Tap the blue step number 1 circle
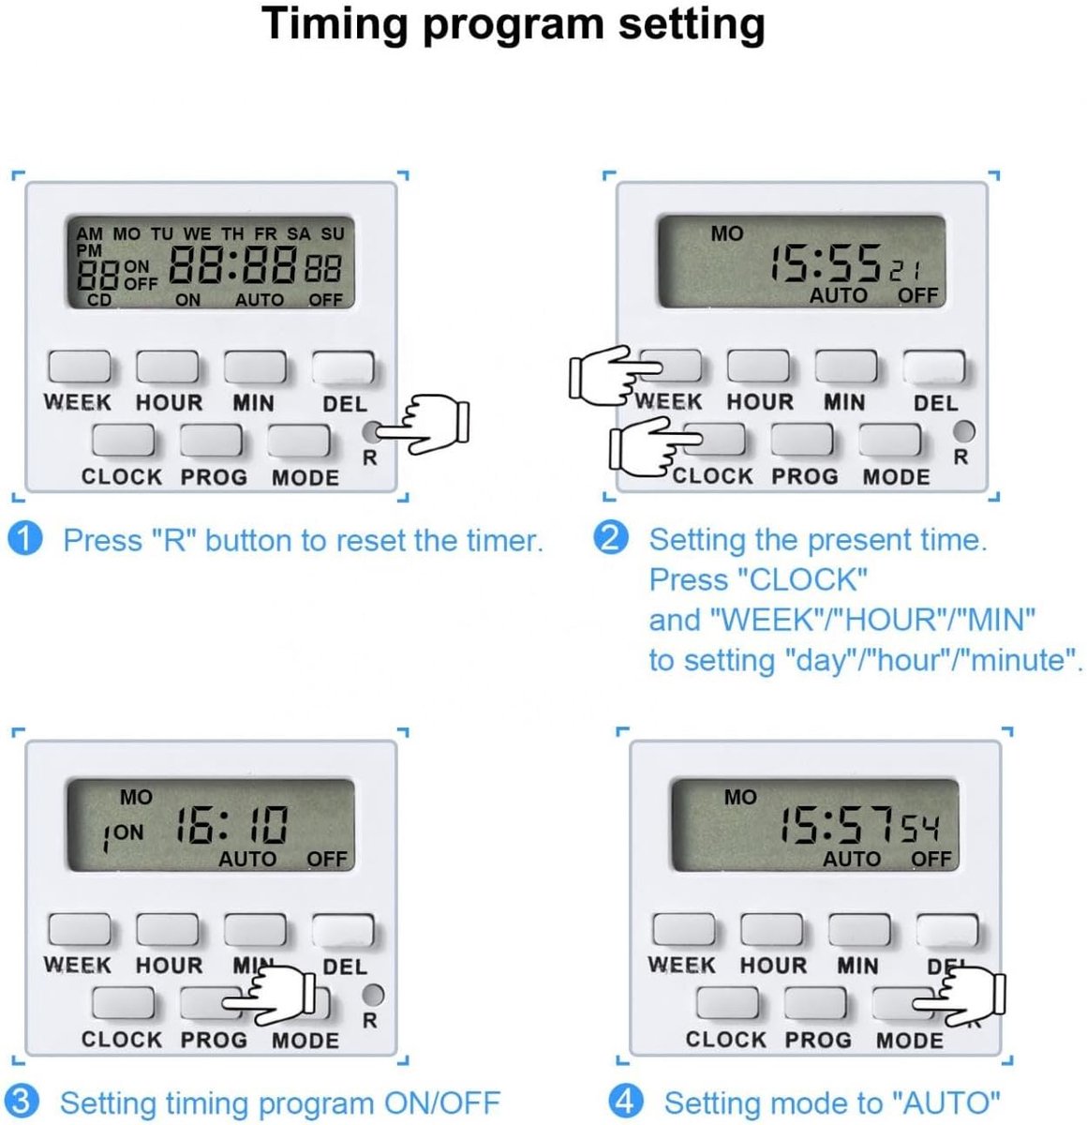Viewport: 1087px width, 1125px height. point(25,538)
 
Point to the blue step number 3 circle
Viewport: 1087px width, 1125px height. point(22,1102)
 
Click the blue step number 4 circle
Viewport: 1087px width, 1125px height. point(625,1102)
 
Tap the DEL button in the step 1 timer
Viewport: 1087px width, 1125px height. point(343,367)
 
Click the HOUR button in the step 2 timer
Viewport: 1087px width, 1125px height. point(758,366)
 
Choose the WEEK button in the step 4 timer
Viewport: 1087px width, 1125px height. point(684,930)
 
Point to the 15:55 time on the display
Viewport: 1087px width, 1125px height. point(826,263)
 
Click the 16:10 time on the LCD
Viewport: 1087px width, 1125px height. point(231,825)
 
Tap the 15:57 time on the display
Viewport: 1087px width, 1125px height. point(838,825)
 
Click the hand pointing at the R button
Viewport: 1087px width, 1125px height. point(424,423)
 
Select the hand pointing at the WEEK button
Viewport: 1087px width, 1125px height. point(616,376)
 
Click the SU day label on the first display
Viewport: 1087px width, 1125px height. point(333,234)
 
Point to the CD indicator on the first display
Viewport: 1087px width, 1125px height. point(98,300)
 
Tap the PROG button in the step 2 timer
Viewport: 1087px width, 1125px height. point(802,440)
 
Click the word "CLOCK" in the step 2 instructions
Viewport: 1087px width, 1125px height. point(804,579)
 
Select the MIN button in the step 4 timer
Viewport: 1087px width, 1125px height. point(859,930)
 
